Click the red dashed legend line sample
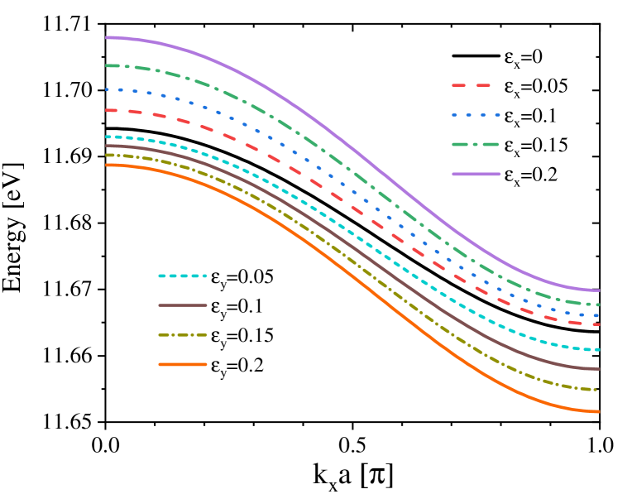(472, 85)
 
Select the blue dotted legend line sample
(476, 115)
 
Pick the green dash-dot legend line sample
(476, 144)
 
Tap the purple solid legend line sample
(476, 174)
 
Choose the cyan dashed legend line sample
(183, 276)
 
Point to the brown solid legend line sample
(183, 305)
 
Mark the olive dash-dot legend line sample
(183, 335)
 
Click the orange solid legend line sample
(183, 364)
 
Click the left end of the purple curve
(107, 37)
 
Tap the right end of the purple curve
(598, 290)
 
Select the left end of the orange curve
(107, 165)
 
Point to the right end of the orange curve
(598, 411)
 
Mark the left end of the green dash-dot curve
(107, 65)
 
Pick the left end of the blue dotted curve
(107, 89)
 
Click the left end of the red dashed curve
(107, 110)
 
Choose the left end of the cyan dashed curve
(107, 137)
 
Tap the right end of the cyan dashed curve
(598, 350)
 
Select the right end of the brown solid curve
(598, 369)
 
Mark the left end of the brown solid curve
(107, 146)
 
